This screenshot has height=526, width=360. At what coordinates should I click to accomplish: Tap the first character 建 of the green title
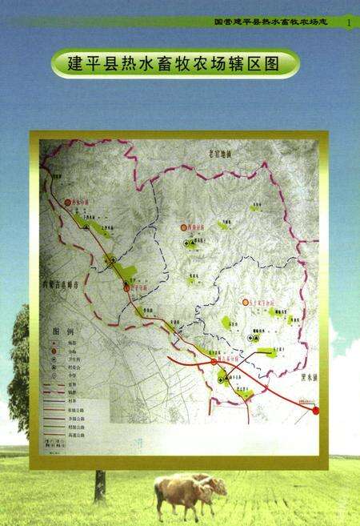(x=70, y=63)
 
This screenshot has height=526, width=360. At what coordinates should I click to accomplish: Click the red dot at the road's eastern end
(x=315, y=411)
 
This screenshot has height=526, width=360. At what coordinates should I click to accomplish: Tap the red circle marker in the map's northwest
(x=69, y=203)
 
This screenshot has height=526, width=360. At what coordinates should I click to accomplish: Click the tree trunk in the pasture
(x=99, y=487)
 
